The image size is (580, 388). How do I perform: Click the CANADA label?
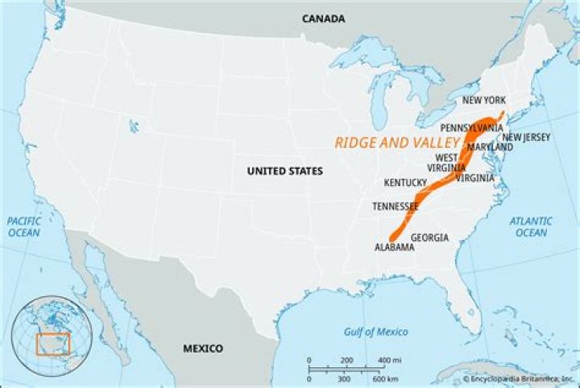(324, 19)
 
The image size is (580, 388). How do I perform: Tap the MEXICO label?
(202, 349)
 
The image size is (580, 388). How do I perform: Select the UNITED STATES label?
(284, 171)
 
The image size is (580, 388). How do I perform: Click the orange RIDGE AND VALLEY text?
(396, 142)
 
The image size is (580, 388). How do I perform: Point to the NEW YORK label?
(483, 101)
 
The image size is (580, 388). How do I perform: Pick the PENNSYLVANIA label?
(471, 128)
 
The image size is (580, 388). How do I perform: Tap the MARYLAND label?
(489, 147)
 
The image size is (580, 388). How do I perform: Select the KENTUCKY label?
(406, 183)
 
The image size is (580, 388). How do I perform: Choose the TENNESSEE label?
(395, 207)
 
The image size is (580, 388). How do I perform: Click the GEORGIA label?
(429, 237)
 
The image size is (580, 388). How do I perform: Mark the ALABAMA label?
(395, 248)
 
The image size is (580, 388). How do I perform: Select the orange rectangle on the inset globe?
(53, 344)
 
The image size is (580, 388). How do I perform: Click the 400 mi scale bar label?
(389, 359)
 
